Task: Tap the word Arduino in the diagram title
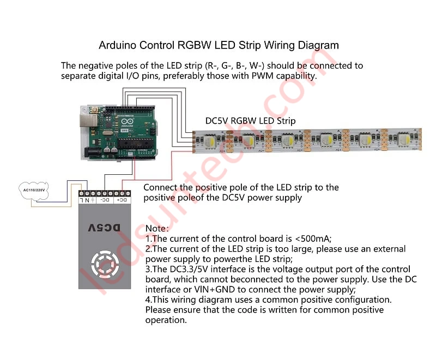[x=119, y=45]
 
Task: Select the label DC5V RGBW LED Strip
[x=250, y=120]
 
